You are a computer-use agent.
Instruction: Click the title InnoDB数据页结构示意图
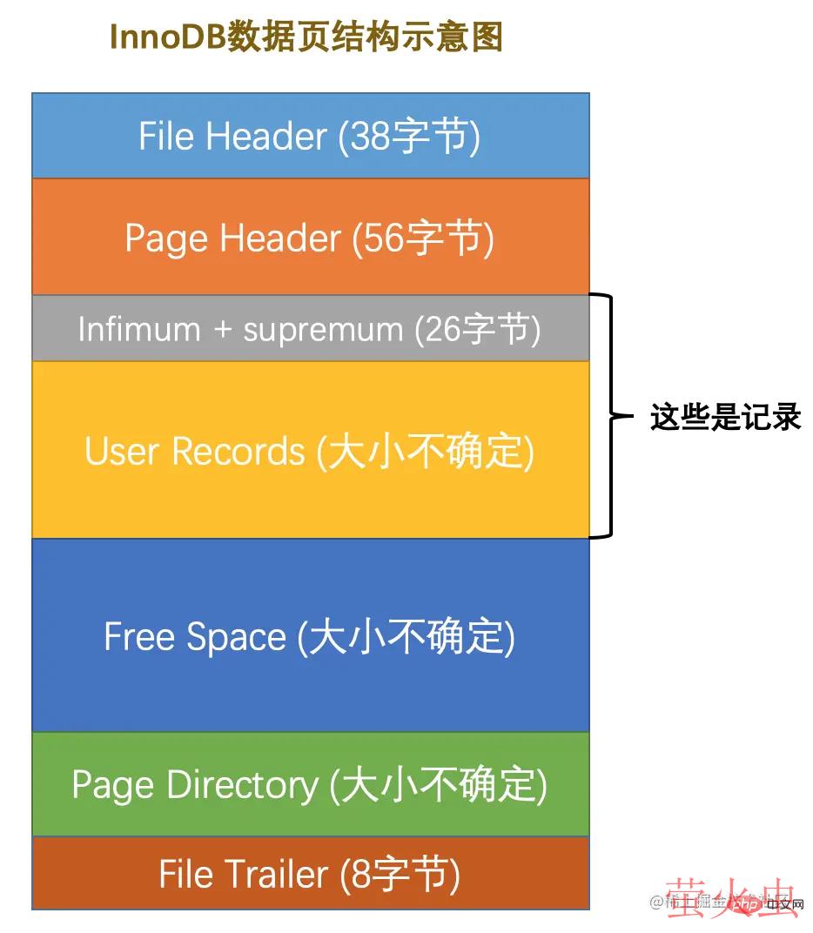(x=306, y=37)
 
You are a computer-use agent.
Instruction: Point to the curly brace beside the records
(x=607, y=416)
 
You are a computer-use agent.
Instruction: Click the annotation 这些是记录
(x=725, y=418)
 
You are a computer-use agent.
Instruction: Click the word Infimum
(x=139, y=330)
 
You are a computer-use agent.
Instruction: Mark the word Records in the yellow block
(x=239, y=452)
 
